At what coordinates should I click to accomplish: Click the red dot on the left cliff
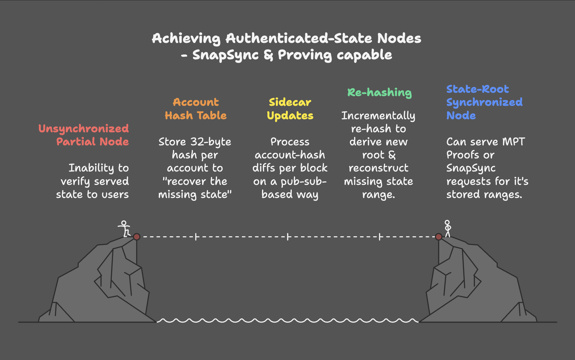pos(137,237)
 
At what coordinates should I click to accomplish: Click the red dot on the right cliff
pos(439,237)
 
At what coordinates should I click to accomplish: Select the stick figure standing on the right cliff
pos(447,229)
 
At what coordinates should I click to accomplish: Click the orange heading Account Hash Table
pos(196,109)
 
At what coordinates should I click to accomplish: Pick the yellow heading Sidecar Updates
pos(290,109)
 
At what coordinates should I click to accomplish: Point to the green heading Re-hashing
pos(379,92)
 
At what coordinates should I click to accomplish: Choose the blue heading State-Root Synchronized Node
pos(484,102)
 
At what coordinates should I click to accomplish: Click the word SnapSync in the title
pos(225,55)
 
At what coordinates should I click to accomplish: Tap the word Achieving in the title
pos(186,39)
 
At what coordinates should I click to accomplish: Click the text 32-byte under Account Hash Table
pos(211,142)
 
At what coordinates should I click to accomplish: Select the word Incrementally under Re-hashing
pos(378,116)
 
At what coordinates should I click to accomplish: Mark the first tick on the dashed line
pos(196,237)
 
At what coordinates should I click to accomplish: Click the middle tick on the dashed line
pos(287,237)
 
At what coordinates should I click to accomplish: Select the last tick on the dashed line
pos(380,237)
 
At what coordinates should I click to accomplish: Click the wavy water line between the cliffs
pos(287,320)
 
